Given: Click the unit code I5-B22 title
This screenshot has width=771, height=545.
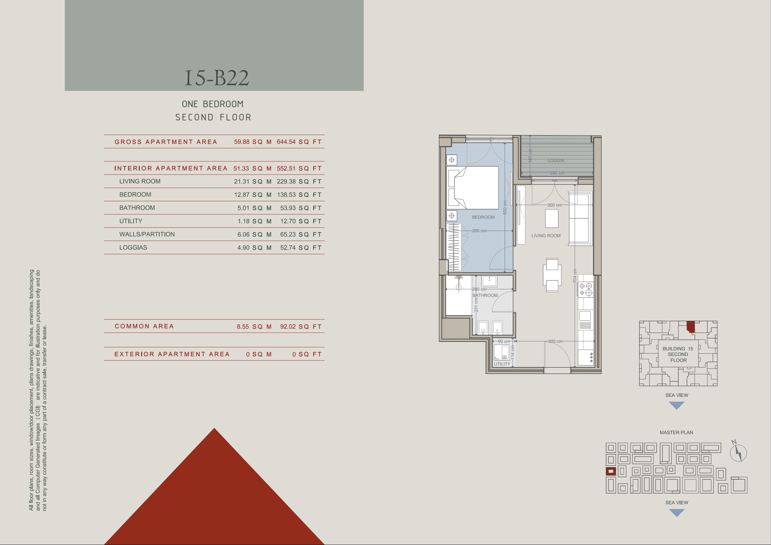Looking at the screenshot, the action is tap(217, 78).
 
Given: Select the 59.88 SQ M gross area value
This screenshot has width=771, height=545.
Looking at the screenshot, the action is tap(253, 142).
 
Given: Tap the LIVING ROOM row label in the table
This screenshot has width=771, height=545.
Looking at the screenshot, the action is tap(140, 181).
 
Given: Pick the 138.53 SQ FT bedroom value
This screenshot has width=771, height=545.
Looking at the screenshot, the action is tap(299, 195).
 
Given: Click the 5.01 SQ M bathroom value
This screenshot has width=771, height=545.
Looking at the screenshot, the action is tap(255, 208).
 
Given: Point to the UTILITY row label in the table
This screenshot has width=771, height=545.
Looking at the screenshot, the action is tap(131, 221).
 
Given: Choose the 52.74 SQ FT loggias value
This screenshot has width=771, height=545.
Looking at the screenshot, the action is tap(301, 248).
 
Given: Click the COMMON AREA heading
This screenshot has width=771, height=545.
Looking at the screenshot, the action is tap(144, 326).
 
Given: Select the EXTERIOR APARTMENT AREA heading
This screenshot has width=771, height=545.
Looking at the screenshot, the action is tap(172, 354).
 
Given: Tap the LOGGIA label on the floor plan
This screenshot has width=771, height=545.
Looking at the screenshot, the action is tap(556, 161).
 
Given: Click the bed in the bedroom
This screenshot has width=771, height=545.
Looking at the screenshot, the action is tap(473, 188).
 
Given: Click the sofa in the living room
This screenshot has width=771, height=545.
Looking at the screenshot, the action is tap(581, 218).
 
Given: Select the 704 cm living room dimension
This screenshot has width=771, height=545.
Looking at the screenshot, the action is tap(575, 276).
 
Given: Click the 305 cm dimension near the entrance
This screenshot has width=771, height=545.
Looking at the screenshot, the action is tap(555, 341).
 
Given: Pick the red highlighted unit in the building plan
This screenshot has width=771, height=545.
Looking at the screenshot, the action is tap(691, 327).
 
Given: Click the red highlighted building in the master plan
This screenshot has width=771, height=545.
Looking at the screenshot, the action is tap(611, 471).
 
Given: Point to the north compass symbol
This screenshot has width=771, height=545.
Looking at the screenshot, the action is tap(738, 452).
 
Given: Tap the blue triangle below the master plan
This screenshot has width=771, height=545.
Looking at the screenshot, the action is tap(677, 513).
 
